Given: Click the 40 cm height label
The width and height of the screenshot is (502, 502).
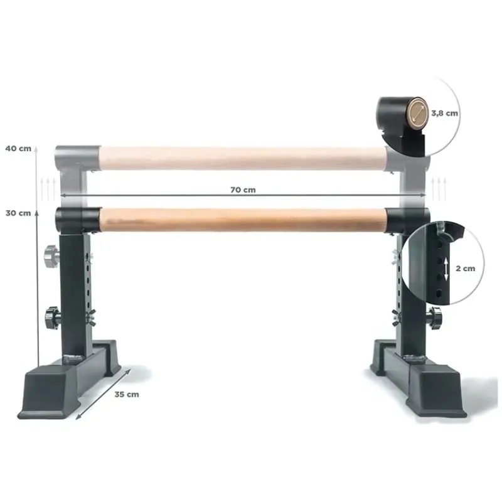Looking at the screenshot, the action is [x=18, y=149].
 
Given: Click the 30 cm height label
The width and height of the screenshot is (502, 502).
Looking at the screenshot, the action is [x=18, y=213].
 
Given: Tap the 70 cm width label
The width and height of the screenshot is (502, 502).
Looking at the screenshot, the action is [x=243, y=190].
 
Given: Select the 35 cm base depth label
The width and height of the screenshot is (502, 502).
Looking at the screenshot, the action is [x=127, y=395].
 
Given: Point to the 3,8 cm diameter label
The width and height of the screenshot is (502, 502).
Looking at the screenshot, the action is [x=444, y=113].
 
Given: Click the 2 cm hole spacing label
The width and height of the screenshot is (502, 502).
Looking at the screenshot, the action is [x=466, y=269].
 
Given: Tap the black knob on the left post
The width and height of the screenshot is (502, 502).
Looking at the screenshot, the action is [x=53, y=318].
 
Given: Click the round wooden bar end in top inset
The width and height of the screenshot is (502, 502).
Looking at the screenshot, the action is [x=417, y=110].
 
